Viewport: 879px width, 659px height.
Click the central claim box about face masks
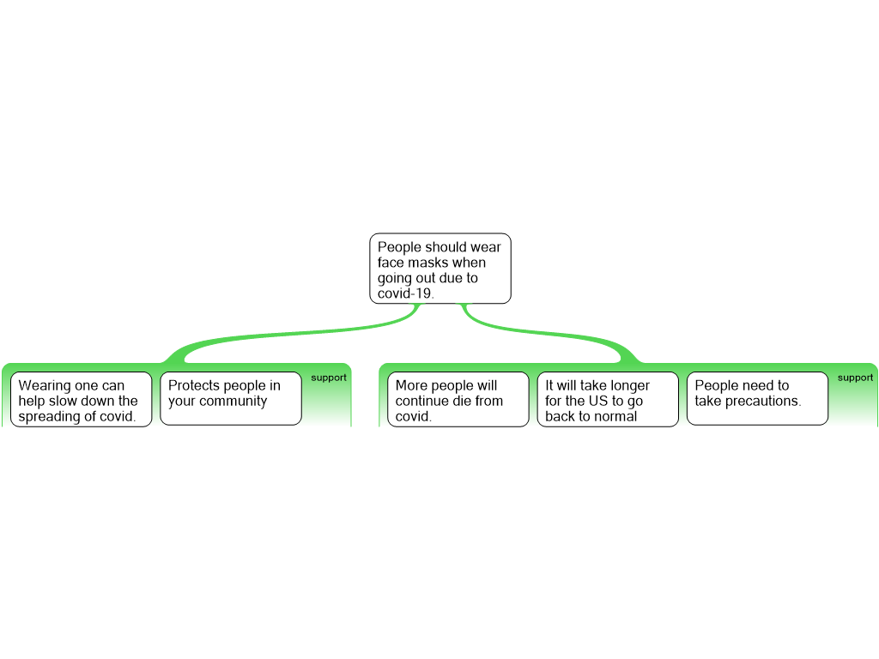(x=440, y=269)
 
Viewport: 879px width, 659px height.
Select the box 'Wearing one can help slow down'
(x=81, y=399)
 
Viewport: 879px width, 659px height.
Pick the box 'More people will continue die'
(x=458, y=399)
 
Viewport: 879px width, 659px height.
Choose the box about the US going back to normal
(x=607, y=399)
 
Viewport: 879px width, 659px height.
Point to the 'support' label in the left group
(x=329, y=378)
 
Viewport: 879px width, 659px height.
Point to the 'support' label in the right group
(x=855, y=378)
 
